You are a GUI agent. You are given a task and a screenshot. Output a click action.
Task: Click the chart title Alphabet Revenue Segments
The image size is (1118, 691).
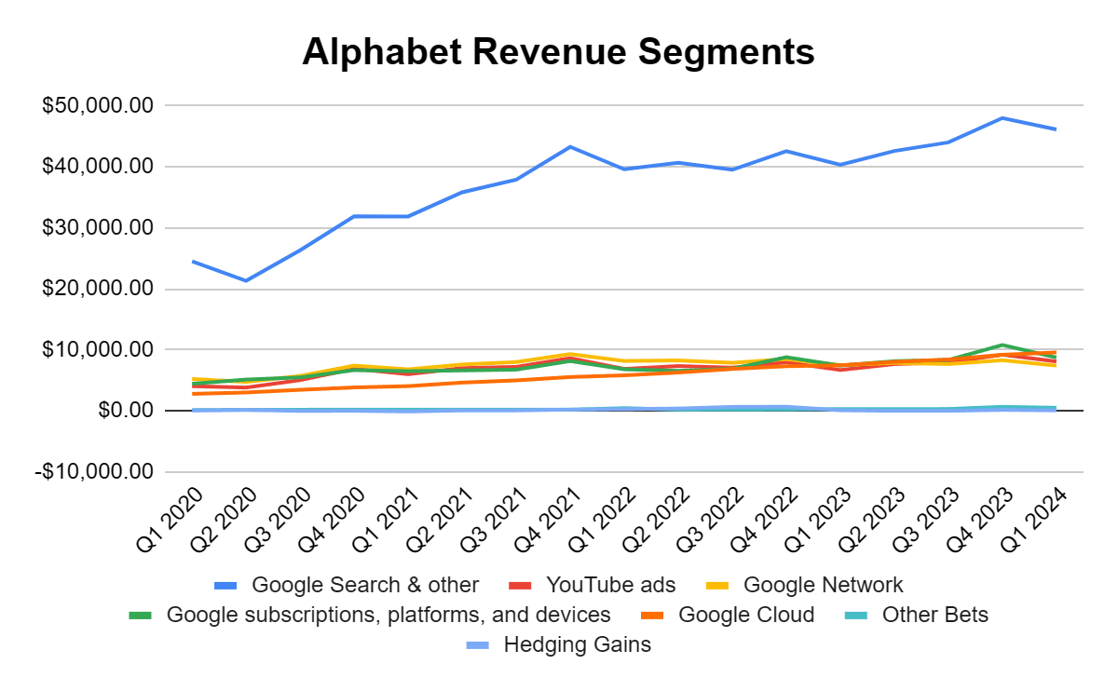pyautogui.click(x=558, y=52)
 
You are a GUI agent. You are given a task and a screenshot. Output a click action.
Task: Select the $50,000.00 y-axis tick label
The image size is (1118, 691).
pyautogui.click(x=97, y=106)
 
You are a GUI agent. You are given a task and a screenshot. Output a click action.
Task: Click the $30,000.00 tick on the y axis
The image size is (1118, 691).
pyautogui.click(x=97, y=228)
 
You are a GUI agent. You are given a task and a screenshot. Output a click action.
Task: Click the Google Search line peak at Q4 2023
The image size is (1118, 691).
pyautogui.click(x=1002, y=118)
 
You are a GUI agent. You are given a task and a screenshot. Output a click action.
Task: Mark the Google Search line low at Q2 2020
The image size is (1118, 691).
pyautogui.click(x=245, y=280)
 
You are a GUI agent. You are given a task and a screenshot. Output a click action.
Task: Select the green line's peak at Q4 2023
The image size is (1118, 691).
pyautogui.click(x=1002, y=345)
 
